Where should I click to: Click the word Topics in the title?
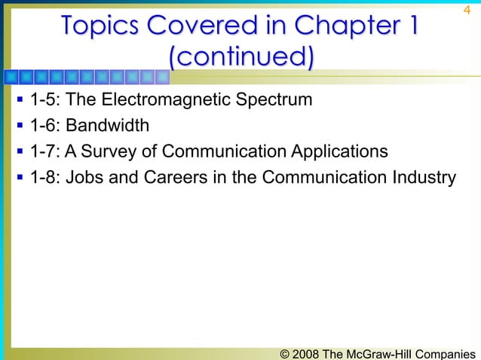pos(102,26)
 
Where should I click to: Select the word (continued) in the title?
pos(240,57)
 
